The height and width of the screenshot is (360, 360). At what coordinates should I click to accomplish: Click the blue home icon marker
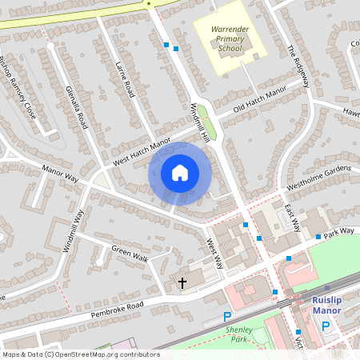click(180, 173)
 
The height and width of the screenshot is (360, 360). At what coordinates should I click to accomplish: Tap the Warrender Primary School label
click(225, 38)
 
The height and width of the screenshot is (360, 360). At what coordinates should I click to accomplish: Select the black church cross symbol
click(182, 283)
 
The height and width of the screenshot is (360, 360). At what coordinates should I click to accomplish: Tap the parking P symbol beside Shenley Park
click(226, 317)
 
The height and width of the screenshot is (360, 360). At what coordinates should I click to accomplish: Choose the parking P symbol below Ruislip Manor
click(325, 326)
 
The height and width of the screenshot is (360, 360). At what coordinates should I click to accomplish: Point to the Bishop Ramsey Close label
click(18, 85)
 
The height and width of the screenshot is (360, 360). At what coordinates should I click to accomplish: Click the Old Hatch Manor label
click(259, 99)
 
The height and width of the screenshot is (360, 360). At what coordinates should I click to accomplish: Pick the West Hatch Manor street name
click(142, 151)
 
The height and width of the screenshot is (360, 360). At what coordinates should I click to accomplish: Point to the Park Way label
click(339, 230)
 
